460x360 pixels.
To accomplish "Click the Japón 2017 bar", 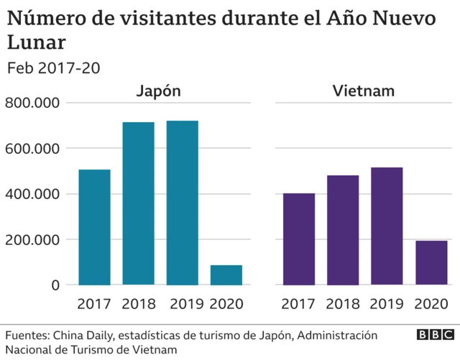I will [x=94, y=227].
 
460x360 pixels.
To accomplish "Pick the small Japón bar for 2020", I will [x=226, y=274].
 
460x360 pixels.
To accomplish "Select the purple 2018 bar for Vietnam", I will [x=343, y=230].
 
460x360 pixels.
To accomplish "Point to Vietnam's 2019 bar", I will [x=387, y=226].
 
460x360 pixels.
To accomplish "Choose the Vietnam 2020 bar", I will [x=431, y=262].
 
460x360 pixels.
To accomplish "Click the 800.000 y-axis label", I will [x=32, y=103].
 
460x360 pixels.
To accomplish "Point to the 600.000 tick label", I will [x=32, y=149].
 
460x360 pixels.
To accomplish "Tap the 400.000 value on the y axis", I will [x=32, y=194].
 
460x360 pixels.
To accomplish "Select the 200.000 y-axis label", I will [x=32, y=239].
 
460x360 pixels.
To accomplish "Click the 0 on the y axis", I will [x=55, y=285].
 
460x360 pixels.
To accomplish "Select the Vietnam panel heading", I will [x=364, y=91].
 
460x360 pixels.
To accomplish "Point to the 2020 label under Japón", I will [x=226, y=305].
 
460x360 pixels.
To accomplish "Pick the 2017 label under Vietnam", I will [x=299, y=305].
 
